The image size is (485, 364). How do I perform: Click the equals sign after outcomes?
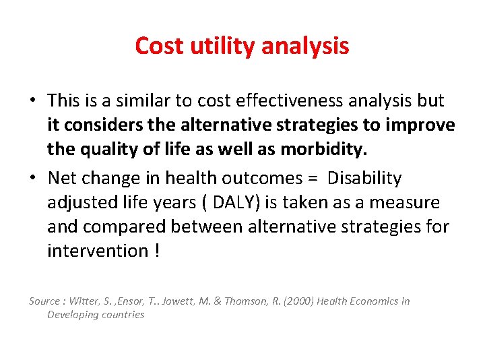313,179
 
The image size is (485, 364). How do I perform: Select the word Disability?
364,179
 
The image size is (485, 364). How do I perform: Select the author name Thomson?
240,301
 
